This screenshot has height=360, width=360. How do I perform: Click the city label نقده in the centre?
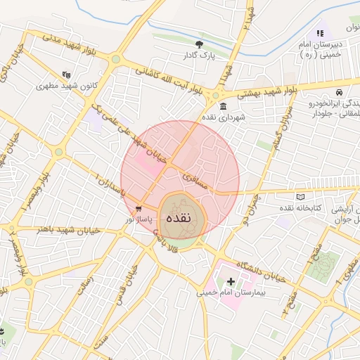pos(181,218)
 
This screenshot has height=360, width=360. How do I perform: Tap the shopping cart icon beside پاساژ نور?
pos(139,209)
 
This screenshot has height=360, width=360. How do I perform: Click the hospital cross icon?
pos(231,281)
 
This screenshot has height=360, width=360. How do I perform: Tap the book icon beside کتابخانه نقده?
pos(301,198)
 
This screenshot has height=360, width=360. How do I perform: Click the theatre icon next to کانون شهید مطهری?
pos(66,74)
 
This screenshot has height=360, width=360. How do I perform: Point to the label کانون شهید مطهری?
pos(67,85)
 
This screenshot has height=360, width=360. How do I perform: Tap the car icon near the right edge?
pos(340,92)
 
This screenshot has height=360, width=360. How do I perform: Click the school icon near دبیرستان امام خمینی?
pos(320,32)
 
